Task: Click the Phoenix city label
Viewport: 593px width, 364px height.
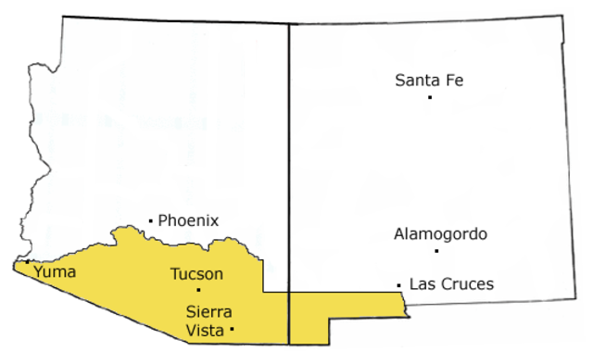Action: pyautogui.click(x=188, y=220)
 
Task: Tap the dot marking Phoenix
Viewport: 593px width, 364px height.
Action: pyautogui.click(x=151, y=220)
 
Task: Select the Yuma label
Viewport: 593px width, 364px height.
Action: pyautogui.click(x=54, y=272)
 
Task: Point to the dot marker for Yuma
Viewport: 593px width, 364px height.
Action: pyautogui.click(x=28, y=263)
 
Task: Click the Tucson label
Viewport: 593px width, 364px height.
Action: pyautogui.click(x=196, y=274)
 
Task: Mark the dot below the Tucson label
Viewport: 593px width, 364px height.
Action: pyautogui.click(x=197, y=290)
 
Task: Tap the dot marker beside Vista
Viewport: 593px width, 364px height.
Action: pyautogui.click(x=232, y=329)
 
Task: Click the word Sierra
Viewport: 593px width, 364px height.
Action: pyautogui.click(x=208, y=311)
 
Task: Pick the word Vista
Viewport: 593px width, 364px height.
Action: pyautogui.click(x=205, y=329)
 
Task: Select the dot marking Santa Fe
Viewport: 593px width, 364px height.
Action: pyautogui.click(x=430, y=96)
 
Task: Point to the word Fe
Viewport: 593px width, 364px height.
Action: pyautogui.click(x=452, y=81)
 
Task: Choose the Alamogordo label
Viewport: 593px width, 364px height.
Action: pyautogui.click(x=440, y=234)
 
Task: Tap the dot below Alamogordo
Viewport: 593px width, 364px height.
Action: pyautogui.click(x=435, y=250)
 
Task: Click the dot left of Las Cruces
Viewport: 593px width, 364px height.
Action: pyautogui.click(x=398, y=284)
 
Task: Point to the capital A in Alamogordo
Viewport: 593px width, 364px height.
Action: pyautogui.click(x=398, y=234)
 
